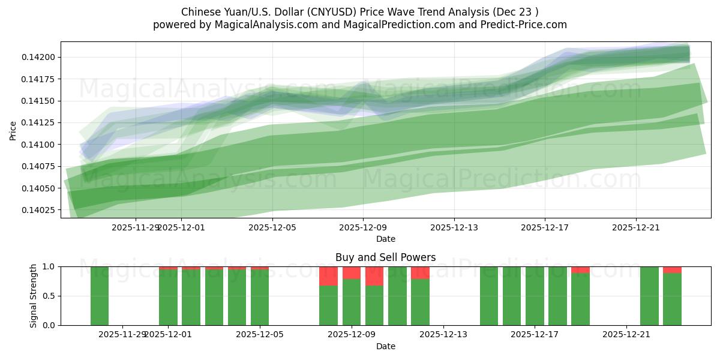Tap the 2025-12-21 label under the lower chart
pyautogui.click(x=626, y=335)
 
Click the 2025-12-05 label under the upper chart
pyautogui.click(x=272, y=227)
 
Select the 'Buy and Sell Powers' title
pyautogui.click(x=385, y=257)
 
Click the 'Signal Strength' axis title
pyautogui.click(x=34, y=296)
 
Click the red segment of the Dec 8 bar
pyautogui.click(x=328, y=276)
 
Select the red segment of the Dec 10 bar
pyautogui.click(x=374, y=276)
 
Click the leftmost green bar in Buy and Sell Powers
pyautogui.click(x=100, y=296)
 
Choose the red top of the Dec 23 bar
pyautogui.click(x=672, y=270)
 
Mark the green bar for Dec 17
pyautogui.click(x=535, y=296)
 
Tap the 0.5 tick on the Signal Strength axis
pyautogui.click(x=49, y=296)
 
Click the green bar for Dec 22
pyautogui.click(x=649, y=296)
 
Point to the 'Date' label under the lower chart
pyautogui.click(x=385, y=346)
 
